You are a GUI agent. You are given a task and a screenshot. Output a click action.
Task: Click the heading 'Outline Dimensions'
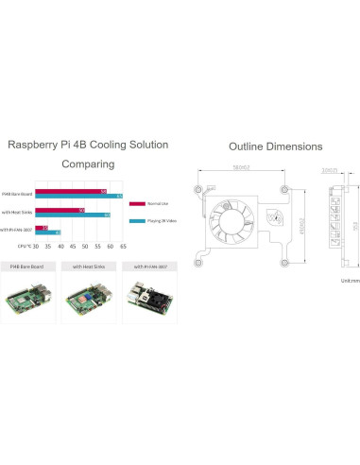pyautogui.click(x=274, y=146)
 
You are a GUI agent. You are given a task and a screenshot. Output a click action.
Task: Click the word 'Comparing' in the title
pyautogui.click(x=88, y=164)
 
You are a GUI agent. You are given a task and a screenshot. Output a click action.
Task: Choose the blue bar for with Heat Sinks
pyautogui.click(x=73, y=215)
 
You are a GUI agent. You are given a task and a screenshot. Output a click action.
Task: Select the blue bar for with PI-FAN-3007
pyautogui.click(x=48, y=232)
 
